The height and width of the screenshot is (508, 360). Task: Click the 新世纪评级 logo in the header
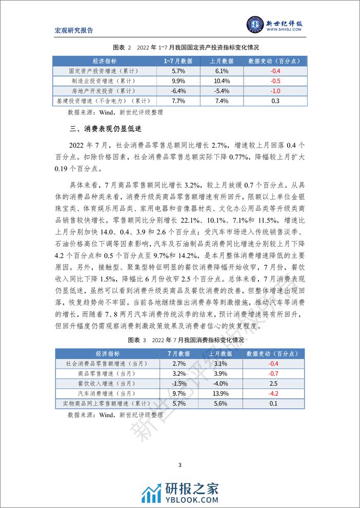[x=275, y=26]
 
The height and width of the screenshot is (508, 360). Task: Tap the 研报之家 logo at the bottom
[x=180, y=490]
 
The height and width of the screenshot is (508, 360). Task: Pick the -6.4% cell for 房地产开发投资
[x=177, y=91]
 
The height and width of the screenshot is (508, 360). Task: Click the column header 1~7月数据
[x=177, y=60]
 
